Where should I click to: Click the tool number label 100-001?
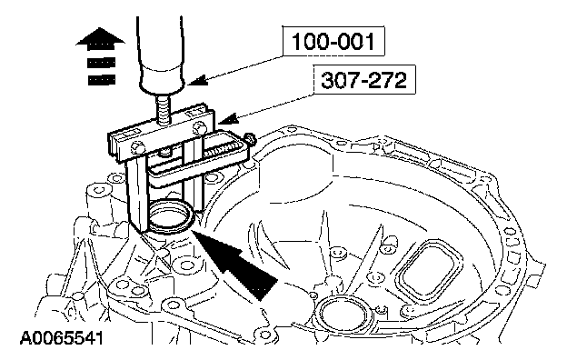click(x=333, y=41)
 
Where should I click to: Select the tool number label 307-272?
click(x=363, y=80)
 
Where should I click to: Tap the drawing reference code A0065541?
click(x=62, y=338)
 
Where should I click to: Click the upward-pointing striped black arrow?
click(x=101, y=56)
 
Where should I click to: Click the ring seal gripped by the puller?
click(x=170, y=217)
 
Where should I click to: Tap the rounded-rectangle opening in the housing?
click(x=429, y=271)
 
